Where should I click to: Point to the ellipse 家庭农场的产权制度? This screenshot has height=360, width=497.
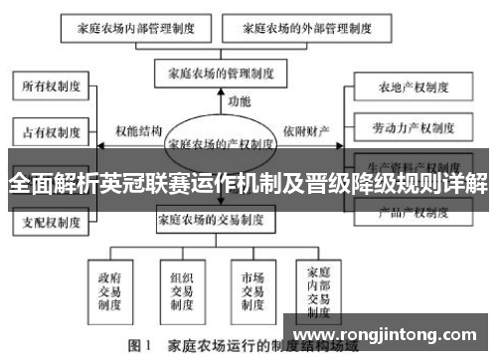click(221, 143)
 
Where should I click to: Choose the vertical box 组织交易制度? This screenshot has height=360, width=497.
click(180, 284)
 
